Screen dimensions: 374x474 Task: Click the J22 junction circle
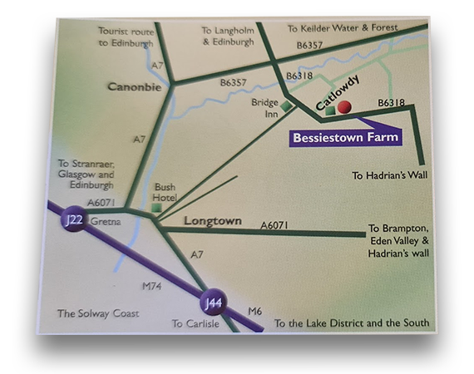point(73,223)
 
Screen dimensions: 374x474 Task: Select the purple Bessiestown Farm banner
point(342,137)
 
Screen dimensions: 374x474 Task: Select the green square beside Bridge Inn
point(287,106)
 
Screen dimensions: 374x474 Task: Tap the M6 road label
point(256,311)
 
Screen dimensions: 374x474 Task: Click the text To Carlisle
point(195,323)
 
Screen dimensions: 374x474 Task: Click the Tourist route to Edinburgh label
point(126,35)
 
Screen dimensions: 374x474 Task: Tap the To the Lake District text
point(352,323)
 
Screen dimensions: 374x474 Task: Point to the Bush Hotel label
point(165,192)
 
